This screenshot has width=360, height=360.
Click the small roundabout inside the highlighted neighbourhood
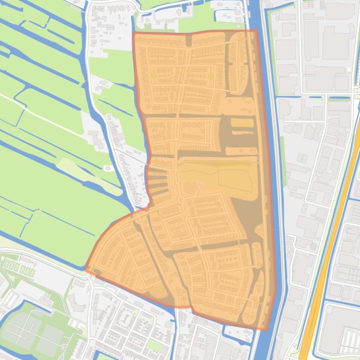181,201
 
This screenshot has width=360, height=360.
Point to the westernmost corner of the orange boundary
85,270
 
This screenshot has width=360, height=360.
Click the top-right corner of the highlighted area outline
257,31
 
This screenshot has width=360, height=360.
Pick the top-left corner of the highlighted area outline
134,33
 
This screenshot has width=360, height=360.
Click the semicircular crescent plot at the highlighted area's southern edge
159,290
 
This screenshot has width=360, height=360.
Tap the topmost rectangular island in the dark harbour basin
242,123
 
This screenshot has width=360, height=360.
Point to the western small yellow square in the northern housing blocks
154,75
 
